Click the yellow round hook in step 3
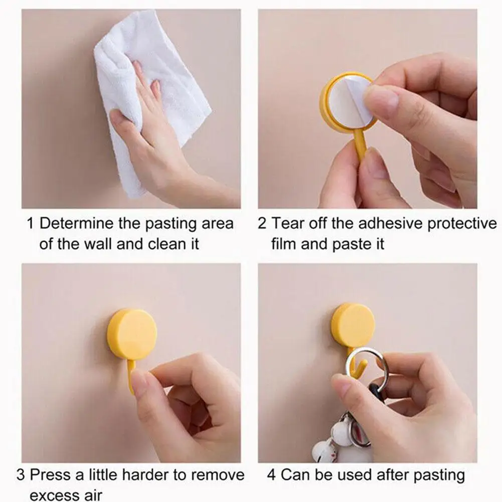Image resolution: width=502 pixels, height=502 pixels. coord(132,334)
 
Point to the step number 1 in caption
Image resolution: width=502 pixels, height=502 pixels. coord(30,224)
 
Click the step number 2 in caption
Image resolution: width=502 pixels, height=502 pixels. coord(262,224)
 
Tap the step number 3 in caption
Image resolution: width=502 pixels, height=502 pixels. coord(21,475)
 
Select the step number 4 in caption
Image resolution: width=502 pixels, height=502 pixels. coord(271,475)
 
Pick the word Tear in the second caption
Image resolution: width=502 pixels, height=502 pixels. coord(288,224)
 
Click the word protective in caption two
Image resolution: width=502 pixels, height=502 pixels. coord(461,224)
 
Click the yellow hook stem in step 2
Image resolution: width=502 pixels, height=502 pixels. coord(360,145)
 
